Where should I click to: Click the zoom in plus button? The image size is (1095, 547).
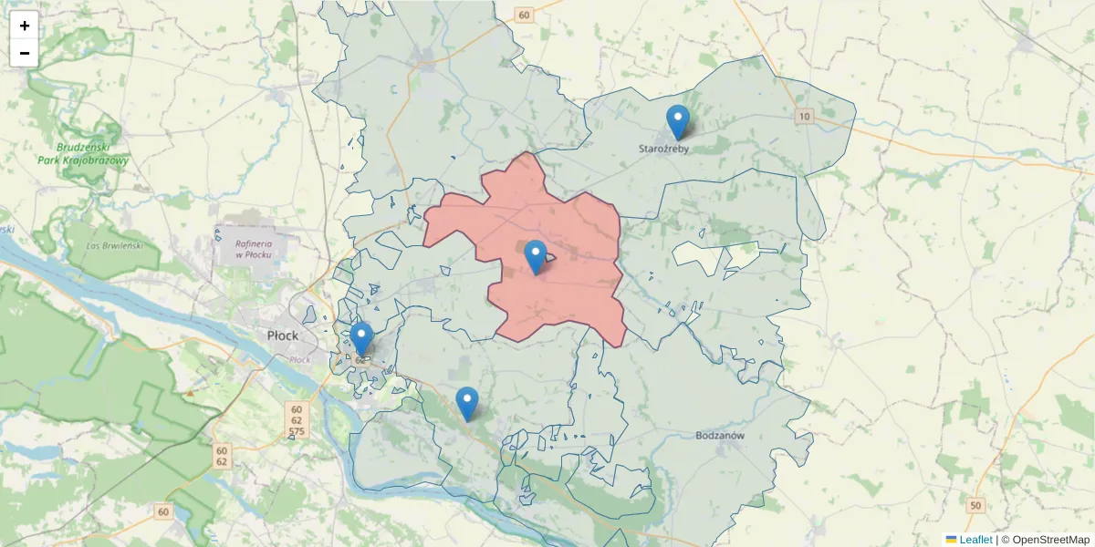25,26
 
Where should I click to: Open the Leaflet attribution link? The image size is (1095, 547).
975,540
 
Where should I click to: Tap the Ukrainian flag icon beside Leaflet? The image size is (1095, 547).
951,540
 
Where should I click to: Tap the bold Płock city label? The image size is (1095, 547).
283,335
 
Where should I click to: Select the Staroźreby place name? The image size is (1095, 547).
663,149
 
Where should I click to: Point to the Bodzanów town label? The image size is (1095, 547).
720,436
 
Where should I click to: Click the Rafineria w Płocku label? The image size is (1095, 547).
255,249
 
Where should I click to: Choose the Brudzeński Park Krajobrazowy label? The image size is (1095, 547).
83,153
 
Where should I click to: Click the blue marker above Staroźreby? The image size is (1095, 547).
677,121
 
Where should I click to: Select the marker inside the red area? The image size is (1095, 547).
536,256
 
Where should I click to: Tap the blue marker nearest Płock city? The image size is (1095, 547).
362,338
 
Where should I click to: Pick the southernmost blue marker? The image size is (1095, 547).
467,403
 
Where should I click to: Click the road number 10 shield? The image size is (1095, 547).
804,116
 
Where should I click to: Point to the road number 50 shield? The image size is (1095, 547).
976,505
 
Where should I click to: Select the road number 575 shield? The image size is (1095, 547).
296,431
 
